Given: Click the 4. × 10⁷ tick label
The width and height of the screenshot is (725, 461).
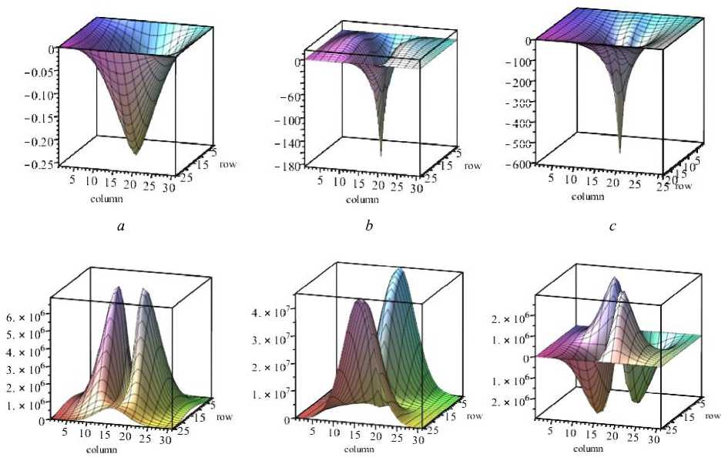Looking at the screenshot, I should (x=275, y=312).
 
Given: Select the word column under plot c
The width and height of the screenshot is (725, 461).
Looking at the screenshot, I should (x=588, y=197).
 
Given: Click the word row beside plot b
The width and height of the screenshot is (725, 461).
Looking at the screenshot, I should (x=472, y=166).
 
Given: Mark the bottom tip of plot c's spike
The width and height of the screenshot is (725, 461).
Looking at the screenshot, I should (x=620, y=153).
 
